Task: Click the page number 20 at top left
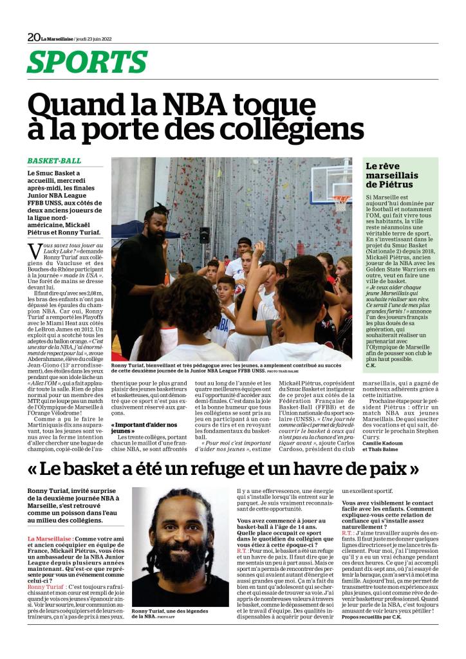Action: tap(33, 37)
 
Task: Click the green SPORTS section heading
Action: tap(88, 62)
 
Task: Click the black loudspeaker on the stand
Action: tap(205, 235)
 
